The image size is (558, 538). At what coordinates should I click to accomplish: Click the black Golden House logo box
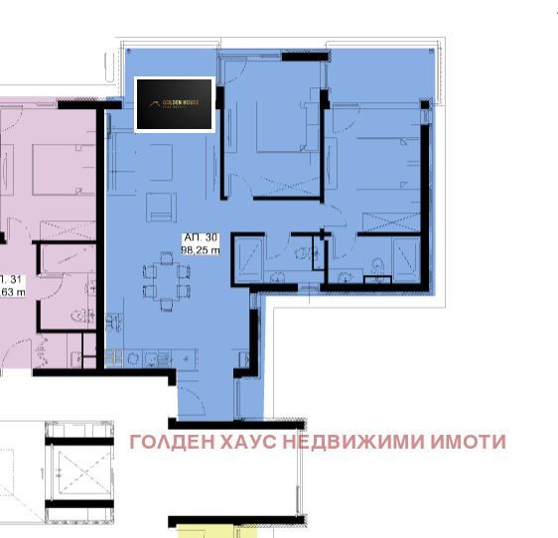point(174,104)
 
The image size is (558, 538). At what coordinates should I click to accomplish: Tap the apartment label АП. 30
point(200,239)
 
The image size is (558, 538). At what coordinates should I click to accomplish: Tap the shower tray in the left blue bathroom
point(248,255)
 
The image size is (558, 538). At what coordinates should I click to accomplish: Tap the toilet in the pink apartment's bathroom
point(77,317)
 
